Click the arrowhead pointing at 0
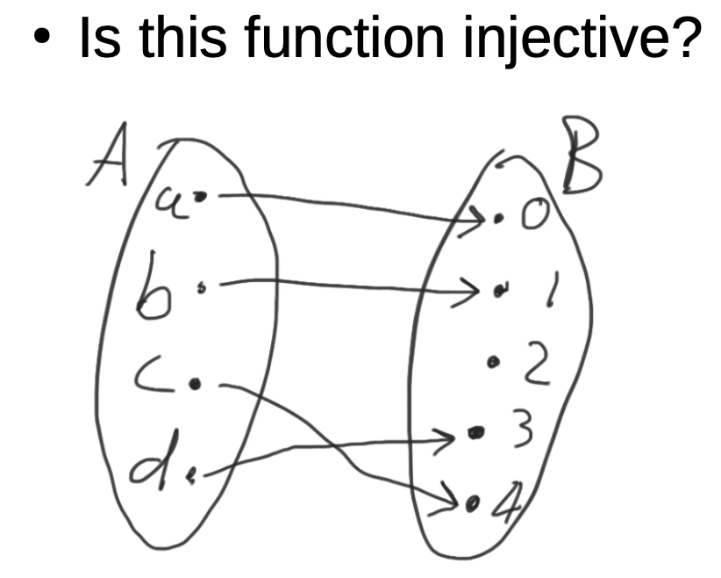[x=477, y=218]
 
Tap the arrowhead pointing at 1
[x=468, y=286]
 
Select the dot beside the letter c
[x=196, y=383]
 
